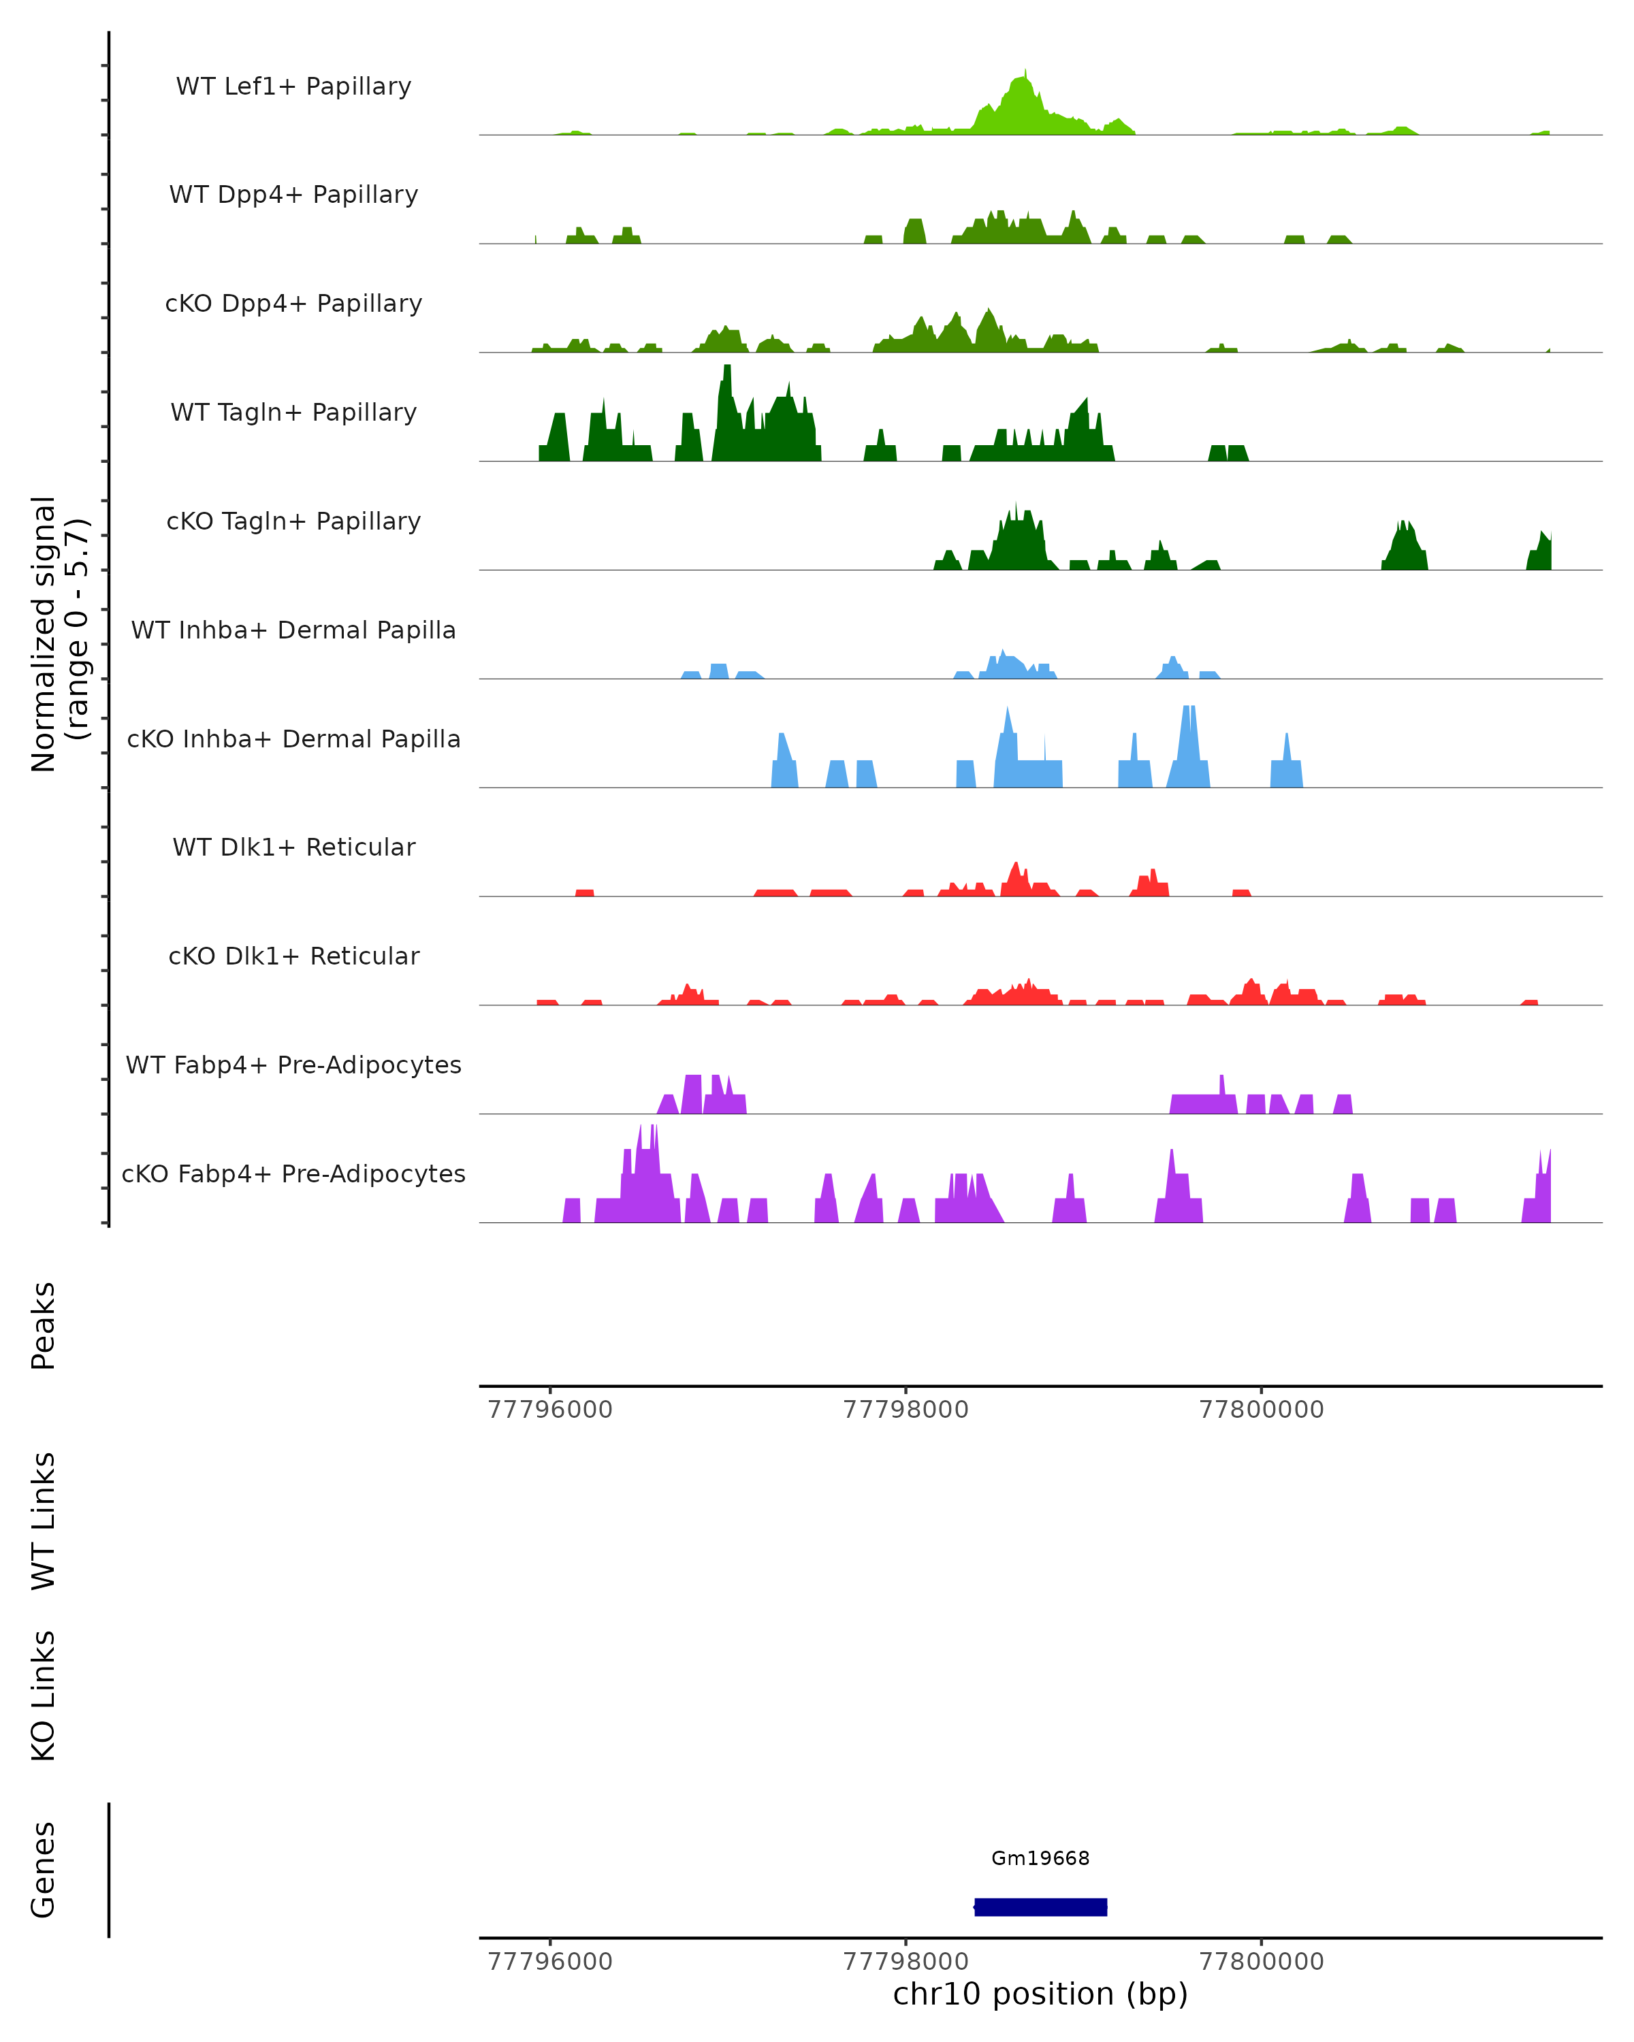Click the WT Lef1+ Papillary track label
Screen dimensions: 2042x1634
[x=293, y=86]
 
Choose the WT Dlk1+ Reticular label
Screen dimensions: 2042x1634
[x=293, y=847]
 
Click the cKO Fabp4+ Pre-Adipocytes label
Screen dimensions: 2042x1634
[x=293, y=1173]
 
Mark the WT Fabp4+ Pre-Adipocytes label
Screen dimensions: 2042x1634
[x=293, y=1065]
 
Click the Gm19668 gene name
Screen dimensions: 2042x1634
[x=1040, y=1858]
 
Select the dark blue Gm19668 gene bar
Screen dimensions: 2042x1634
[x=1040, y=1907]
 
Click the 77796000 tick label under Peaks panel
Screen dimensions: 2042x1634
[x=549, y=1410]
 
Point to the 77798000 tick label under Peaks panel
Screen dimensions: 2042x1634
[x=906, y=1410]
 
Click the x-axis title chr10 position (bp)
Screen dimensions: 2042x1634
[x=1040, y=1994]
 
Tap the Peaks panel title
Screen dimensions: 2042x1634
[x=43, y=1325]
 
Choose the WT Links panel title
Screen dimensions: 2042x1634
[x=43, y=1521]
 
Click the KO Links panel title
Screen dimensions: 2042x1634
[x=43, y=1696]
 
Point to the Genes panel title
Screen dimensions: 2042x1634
[x=43, y=1870]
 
